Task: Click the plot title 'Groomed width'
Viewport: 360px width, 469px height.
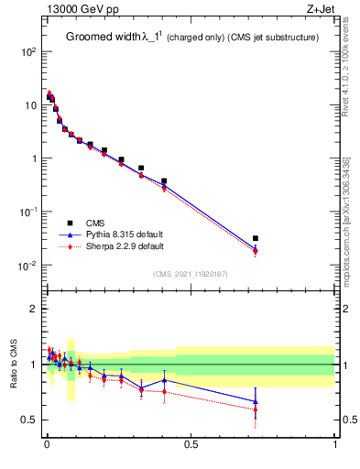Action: [101, 38]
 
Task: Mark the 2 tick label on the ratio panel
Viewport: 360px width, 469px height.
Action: [32, 309]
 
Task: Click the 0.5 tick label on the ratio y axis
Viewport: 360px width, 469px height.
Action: [27, 420]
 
